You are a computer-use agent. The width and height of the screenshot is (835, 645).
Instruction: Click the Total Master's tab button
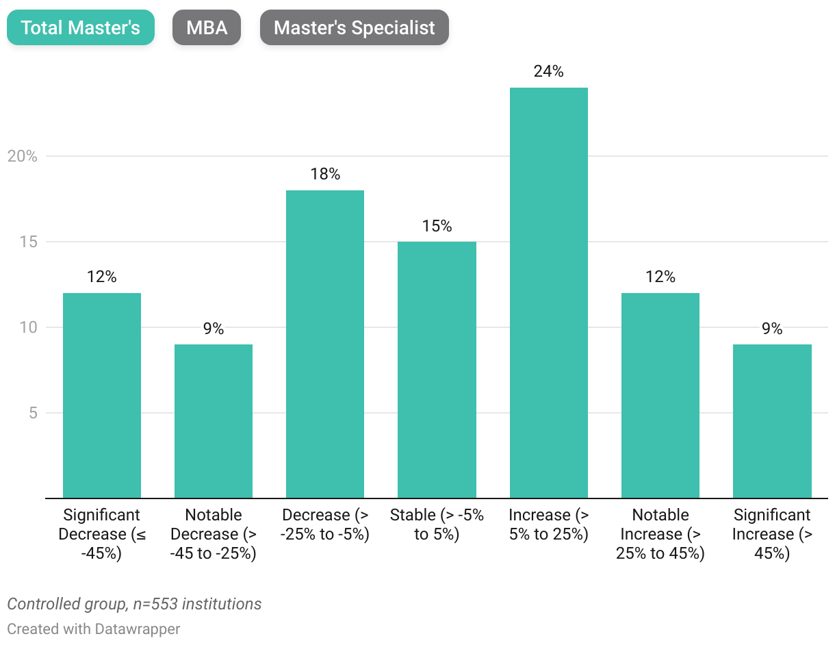coord(81,28)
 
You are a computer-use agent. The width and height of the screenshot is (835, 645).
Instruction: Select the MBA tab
coord(207,28)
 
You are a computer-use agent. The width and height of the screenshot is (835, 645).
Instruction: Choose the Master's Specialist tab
coord(354,28)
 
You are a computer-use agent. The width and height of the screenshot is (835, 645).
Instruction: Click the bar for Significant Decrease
coord(102,395)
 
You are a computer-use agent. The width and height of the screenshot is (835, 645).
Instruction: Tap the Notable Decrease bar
coord(214,421)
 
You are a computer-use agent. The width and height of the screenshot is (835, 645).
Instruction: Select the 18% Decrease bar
coord(325,344)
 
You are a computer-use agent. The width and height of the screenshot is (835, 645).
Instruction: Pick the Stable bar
coord(437,370)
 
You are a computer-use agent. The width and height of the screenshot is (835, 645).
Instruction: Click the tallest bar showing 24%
coord(548,292)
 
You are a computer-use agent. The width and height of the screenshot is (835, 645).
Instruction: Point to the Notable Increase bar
coord(660,395)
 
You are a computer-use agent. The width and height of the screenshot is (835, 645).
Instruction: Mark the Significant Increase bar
coord(772,421)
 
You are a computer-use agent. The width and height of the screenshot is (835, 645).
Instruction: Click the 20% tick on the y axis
coord(22,156)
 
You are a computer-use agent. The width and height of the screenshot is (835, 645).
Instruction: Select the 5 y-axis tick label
coord(31,413)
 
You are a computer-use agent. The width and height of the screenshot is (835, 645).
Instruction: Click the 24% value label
coord(548,71)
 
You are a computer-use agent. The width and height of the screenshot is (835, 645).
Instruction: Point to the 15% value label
coord(437,226)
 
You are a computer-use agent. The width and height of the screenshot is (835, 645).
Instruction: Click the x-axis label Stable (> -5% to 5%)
coord(437,524)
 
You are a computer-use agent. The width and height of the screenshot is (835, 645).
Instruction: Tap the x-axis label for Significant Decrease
coord(102,534)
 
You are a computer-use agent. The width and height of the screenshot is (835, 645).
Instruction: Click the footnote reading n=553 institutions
coord(134,604)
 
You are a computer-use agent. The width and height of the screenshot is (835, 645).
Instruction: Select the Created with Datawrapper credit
coord(94,629)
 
